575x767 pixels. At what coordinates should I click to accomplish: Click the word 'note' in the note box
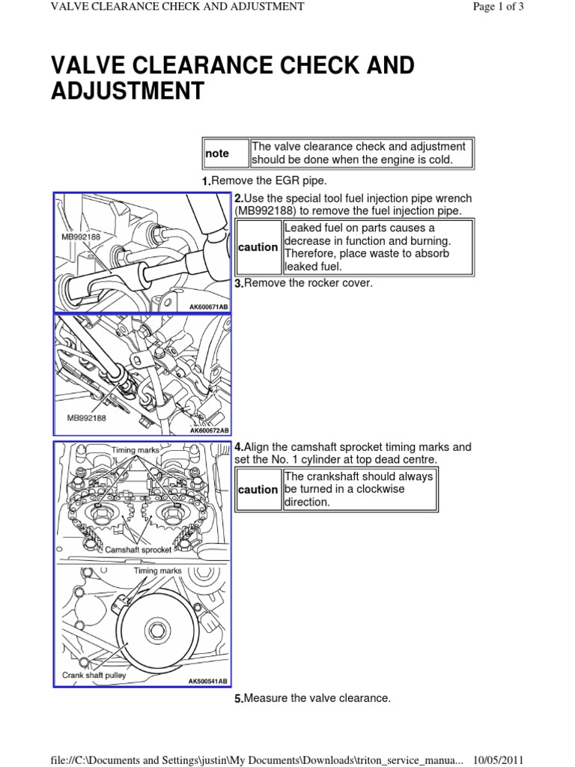[x=218, y=154]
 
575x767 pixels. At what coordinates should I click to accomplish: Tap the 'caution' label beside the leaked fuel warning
[x=258, y=247]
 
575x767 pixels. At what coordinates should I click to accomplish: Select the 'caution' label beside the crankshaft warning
[x=258, y=490]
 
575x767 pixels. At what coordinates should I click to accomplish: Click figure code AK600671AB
[x=208, y=307]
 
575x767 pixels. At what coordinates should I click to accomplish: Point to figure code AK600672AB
[x=208, y=431]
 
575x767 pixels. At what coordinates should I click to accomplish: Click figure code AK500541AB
[x=208, y=682]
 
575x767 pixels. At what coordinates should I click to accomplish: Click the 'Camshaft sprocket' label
[x=139, y=549]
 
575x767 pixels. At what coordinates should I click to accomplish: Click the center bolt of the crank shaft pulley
[x=158, y=625]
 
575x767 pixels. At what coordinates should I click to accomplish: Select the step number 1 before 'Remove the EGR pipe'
[x=206, y=183]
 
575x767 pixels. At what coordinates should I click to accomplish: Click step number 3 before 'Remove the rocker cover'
[x=238, y=284]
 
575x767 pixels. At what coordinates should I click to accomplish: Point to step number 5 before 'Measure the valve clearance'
[x=238, y=699]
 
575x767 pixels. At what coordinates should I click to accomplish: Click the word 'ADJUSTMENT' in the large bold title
[x=127, y=91]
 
